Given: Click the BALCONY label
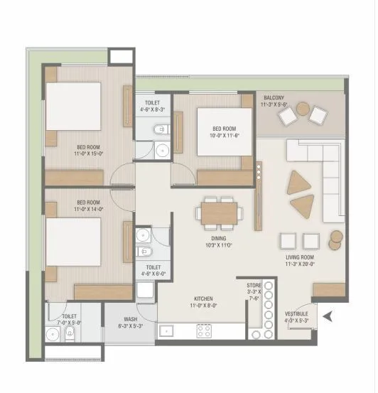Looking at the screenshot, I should click(274, 97).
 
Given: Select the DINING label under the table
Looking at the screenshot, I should click(219, 239).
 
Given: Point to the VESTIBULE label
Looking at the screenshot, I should click(296, 313).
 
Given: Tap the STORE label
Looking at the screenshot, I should click(254, 285).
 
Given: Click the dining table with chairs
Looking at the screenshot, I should click(219, 212).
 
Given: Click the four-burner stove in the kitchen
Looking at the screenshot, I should click(205, 329).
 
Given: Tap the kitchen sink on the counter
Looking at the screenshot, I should click(168, 330).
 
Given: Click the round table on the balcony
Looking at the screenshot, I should click(303, 109).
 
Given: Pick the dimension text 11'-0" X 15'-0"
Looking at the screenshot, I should click(89, 153).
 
